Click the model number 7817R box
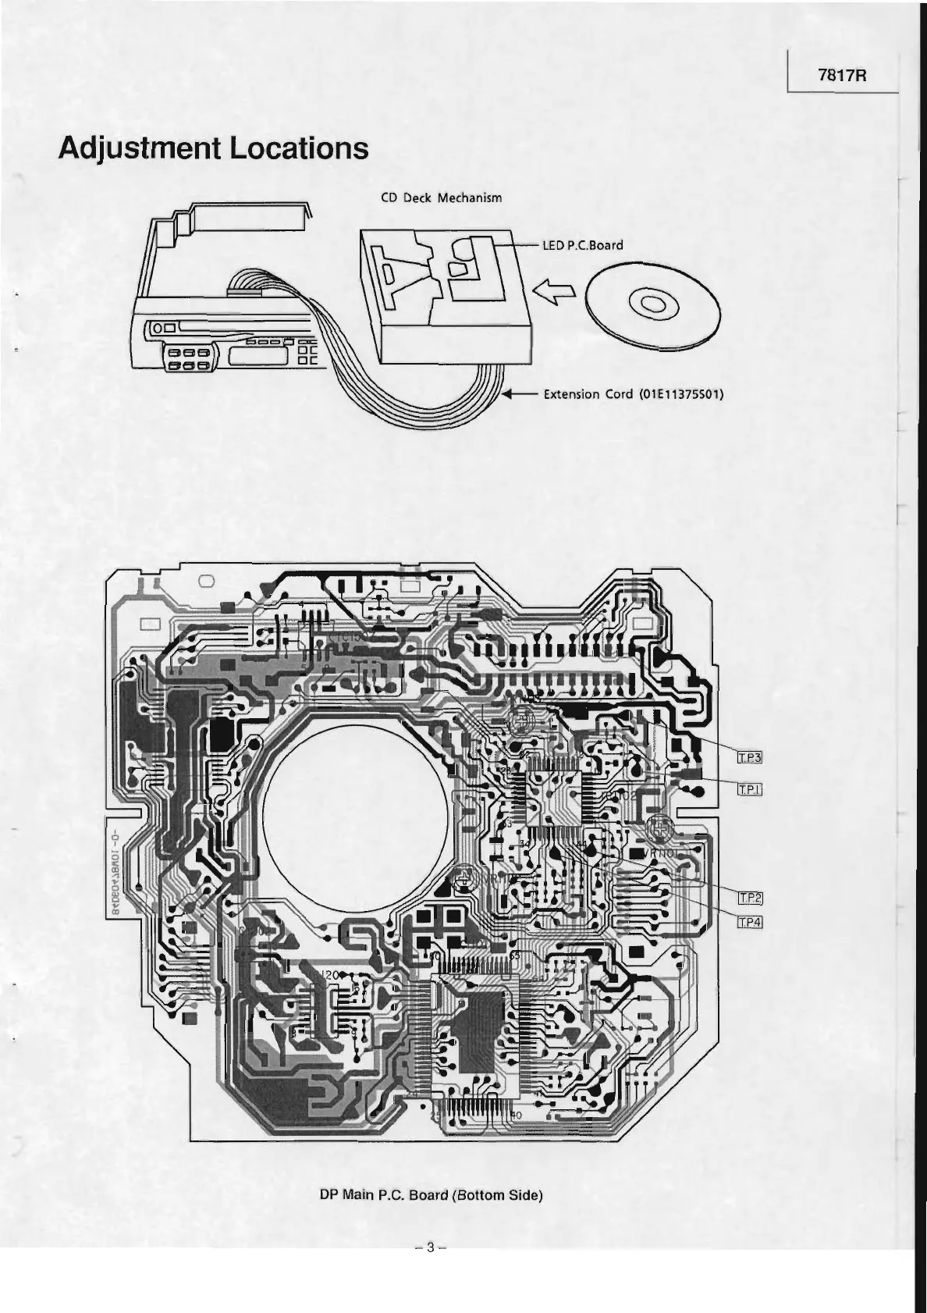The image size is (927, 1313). pos(844,76)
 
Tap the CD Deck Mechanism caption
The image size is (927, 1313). pos(441,197)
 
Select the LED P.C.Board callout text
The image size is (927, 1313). pos(583,245)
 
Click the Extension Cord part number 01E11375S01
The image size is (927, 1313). pos(680,394)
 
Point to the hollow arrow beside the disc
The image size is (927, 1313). pos(555,293)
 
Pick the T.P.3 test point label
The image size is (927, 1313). pos(749,756)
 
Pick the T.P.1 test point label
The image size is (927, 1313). pos(749,791)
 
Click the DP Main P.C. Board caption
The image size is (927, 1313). pos(431,1217)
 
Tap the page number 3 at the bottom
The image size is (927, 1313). pos(430,1268)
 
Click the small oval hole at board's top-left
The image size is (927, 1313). pos(207,580)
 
